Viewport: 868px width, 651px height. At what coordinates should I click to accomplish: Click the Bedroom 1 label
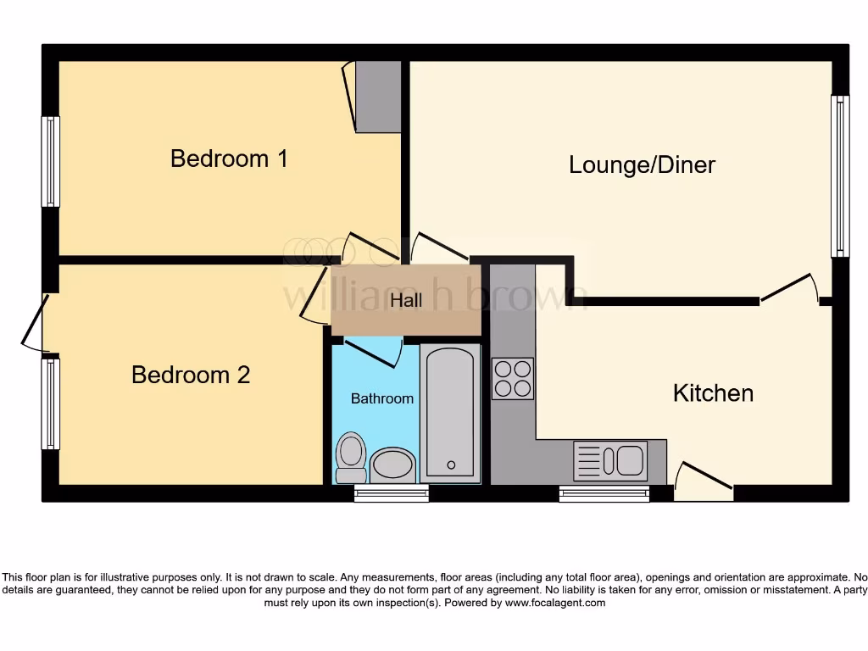229,159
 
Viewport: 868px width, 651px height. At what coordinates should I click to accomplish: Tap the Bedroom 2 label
191,375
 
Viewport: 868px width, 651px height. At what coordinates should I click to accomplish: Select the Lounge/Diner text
642,164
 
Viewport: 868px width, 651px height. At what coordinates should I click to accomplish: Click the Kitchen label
713,393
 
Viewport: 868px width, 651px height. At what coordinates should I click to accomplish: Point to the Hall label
405,300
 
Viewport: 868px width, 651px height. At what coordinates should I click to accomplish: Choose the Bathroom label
382,398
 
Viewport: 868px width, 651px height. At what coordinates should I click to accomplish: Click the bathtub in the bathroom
450,413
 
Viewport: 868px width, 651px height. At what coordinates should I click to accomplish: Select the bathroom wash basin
392,465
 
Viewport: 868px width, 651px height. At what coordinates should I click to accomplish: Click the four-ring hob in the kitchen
513,378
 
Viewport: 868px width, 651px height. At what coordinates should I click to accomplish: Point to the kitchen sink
610,461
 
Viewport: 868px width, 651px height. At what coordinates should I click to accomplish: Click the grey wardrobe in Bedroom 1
377,97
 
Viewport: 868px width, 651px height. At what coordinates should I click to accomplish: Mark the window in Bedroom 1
51,161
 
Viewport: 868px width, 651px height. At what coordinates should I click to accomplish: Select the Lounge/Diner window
839,175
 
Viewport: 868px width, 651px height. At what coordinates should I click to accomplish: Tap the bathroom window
391,494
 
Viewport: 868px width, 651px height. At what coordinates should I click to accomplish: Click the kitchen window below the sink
604,494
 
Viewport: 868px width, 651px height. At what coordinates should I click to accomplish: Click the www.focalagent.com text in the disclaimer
555,603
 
